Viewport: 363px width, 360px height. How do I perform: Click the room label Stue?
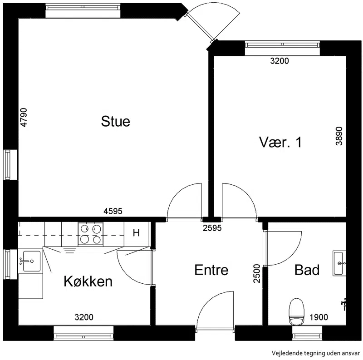116,121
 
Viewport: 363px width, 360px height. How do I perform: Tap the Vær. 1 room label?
280,142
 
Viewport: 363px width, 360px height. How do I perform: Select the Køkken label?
88,281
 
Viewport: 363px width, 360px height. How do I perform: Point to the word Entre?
211,270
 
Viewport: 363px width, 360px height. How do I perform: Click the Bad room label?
307,270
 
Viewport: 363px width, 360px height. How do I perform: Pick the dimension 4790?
24,118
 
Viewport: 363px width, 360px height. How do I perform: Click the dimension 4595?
113,211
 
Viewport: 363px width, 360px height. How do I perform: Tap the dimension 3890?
339,136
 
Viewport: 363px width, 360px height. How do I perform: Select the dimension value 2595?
212,228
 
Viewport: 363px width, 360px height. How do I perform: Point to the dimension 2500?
257,274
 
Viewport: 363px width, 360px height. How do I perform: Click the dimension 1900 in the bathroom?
319,317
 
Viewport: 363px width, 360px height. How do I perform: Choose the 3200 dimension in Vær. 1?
280,61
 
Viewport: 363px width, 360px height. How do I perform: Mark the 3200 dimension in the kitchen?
84,317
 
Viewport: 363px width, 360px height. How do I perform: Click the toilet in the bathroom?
297,312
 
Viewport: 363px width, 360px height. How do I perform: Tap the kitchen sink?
30,261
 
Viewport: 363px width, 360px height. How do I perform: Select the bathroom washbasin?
339,263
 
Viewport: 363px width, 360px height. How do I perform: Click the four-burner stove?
90,234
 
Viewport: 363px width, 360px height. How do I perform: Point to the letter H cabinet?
137,233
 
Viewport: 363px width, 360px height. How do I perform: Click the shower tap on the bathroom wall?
344,304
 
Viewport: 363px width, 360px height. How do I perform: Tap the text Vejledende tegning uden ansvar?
316,353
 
